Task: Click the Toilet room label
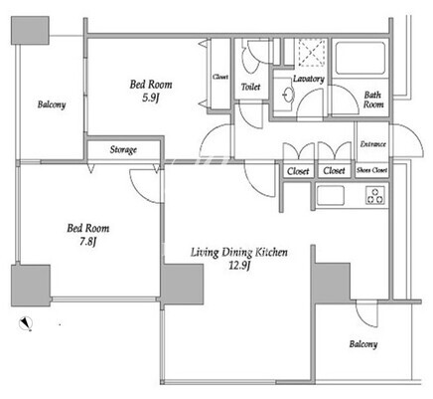250,87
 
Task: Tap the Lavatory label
309,79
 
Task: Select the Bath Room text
373,100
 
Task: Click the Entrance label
373,144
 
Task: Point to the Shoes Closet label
371,170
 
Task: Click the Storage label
123,150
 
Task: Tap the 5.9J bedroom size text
151,99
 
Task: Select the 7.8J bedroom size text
87,242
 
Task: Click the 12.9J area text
239,266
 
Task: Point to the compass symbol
26,323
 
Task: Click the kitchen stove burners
375,196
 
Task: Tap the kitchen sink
331,195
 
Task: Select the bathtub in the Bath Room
361,58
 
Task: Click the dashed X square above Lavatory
313,52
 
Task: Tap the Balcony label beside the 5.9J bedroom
52,104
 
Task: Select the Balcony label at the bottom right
363,344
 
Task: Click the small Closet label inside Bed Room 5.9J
220,77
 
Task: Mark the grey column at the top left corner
30,30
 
